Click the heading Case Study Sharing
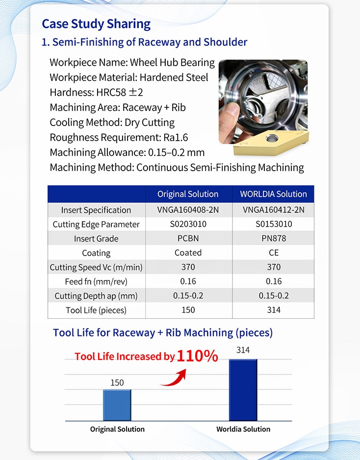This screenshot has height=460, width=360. tap(96, 24)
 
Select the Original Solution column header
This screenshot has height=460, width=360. tap(188, 194)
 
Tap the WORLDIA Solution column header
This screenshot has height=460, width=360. tap(273, 194)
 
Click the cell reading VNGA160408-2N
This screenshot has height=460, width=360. tap(188, 210)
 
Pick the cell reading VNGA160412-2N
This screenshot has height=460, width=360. tap(273, 210)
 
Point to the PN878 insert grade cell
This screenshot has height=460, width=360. tap(273, 238)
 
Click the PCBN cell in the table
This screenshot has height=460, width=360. tap(188, 238)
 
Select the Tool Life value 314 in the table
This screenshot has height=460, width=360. tap(273, 310)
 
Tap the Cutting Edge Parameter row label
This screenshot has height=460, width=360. tap(96, 224)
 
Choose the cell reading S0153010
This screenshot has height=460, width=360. tap(273, 224)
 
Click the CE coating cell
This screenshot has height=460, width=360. tap(273, 253)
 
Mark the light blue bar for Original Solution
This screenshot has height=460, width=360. tap(117, 405)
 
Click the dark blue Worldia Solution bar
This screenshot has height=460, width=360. tap(243, 390)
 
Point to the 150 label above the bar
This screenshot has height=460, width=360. tap(117, 383)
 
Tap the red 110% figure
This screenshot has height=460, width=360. tap(197, 356)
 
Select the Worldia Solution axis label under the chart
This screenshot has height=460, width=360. tap(243, 429)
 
